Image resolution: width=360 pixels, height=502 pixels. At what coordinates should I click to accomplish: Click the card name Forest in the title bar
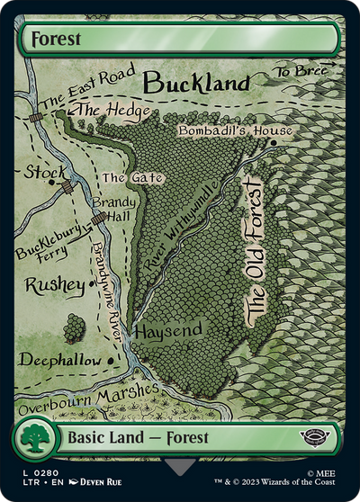point(56,40)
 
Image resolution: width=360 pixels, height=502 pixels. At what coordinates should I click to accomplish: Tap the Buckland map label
point(196,84)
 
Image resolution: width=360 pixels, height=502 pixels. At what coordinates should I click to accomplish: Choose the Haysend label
point(168,331)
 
